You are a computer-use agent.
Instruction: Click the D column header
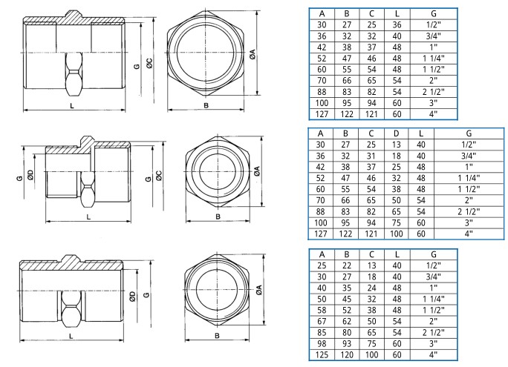click(397, 133)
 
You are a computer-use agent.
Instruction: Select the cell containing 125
click(322, 354)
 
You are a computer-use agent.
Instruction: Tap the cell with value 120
click(347, 354)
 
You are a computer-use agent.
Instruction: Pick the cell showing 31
click(371, 156)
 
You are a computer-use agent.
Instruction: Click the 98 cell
click(322, 344)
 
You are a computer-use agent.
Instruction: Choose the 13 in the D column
click(397, 145)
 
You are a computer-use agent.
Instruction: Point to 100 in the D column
click(397, 234)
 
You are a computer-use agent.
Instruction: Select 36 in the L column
click(397, 25)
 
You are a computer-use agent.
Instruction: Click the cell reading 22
click(347, 265)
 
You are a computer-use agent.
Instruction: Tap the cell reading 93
click(347, 344)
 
